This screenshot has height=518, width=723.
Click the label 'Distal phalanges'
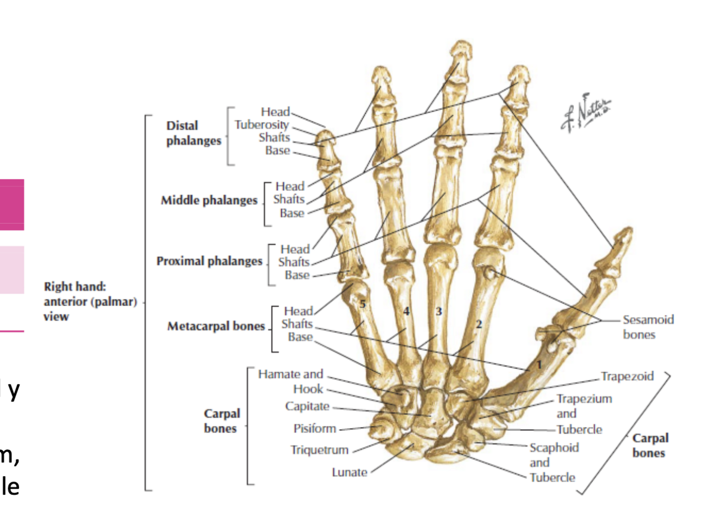click(193, 133)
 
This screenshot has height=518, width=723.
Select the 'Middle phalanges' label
click(209, 200)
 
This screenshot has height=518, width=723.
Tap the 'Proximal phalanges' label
click(209, 261)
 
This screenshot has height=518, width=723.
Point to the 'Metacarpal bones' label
click(216, 326)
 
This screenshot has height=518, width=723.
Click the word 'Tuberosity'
click(261, 125)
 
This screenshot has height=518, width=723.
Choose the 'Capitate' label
click(307, 406)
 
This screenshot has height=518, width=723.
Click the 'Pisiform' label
click(314, 429)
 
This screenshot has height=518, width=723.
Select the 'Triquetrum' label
click(319, 450)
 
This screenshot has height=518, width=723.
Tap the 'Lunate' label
click(350, 472)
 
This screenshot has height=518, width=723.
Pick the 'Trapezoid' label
click(627, 376)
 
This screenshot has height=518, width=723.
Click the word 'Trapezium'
click(584, 399)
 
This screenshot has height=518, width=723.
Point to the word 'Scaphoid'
click(554, 448)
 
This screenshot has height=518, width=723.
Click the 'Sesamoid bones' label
click(648, 327)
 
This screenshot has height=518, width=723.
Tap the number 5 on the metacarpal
click(363, 304)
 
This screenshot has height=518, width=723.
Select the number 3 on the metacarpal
click(438, 311)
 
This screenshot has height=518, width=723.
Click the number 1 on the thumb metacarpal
click(539, 364)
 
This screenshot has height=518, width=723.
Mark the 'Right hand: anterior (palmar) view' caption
click(90, 301)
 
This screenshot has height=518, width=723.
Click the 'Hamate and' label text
click(290, 374)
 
